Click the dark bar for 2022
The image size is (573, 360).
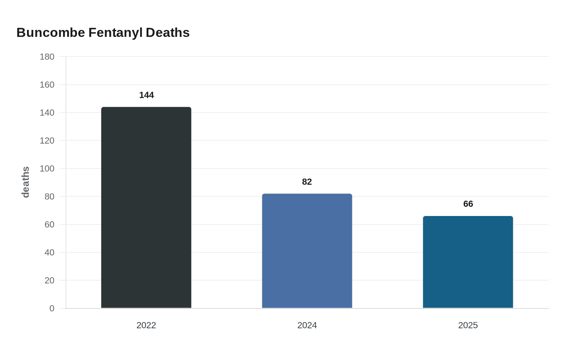tap(146, 207)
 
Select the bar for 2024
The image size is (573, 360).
tap(307, 251)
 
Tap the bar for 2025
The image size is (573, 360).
tap(468, 262)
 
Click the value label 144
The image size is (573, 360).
tap(146, 95)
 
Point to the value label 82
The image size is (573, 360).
tap(307, 182)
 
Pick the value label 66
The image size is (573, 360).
tap(468, 204)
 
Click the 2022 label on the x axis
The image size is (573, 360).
tap(146, 325)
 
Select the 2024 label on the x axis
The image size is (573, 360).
tap(307, 325)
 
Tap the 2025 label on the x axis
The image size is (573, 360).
tap(468, 325)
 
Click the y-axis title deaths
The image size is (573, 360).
tap(26, 182)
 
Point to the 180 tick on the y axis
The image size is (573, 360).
tap(47, 57)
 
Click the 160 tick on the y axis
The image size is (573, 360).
tap(47, 85)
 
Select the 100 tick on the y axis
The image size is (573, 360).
tap(47, 169)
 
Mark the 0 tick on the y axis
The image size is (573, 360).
tap(52, 308)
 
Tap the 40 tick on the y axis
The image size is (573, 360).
tap(50, 252)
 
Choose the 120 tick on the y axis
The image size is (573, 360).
tap(47, 141)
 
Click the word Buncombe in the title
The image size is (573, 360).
tap(51, 33)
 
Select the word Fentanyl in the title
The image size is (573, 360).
tap(115, 33)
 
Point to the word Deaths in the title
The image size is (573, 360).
tap(167, 33)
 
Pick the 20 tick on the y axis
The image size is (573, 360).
tap(50, 281)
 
